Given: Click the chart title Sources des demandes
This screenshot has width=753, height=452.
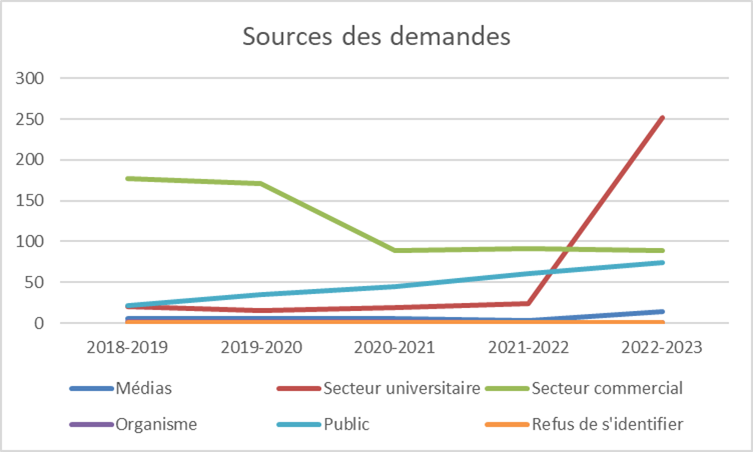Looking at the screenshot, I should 376,36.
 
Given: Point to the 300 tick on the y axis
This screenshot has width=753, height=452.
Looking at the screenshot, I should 31,78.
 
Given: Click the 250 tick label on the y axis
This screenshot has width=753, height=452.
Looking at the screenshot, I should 31,119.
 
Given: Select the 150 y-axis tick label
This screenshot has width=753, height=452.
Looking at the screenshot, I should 31,201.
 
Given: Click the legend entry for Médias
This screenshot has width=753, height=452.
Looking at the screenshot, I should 143,388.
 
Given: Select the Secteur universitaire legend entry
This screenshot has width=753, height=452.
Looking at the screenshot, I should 402,388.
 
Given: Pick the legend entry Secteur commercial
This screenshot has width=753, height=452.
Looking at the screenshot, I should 607,388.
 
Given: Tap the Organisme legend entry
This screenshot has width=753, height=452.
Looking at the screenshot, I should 156,424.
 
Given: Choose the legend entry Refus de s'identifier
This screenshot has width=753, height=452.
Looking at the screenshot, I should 607,424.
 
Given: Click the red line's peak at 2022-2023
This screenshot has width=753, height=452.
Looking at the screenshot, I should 662,117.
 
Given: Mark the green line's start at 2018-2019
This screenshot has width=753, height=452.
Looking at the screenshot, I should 127,179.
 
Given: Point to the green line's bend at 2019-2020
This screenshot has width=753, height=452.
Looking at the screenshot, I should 261,183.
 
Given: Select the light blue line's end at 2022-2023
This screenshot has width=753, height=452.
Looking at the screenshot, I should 662,262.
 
